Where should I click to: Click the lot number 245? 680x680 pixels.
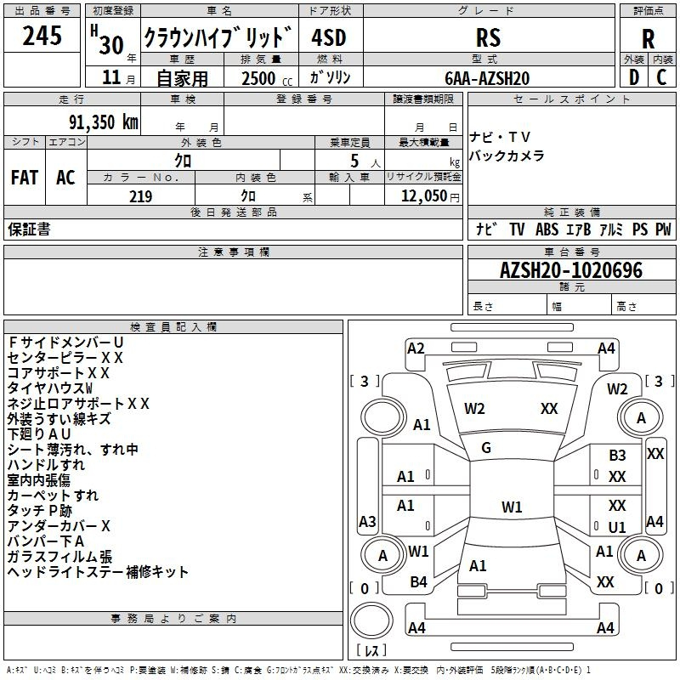point(42,36)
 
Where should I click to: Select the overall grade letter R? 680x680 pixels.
point(648,39)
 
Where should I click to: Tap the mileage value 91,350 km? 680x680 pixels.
point(103,122)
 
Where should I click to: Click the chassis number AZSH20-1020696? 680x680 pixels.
point(571,270)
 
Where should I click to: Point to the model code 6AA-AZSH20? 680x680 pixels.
point(487,78)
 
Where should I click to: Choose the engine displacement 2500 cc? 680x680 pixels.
point(267,78)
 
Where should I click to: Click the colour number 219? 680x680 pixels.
point(140,196)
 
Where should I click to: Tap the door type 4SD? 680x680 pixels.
point(329,37)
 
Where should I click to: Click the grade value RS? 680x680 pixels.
point(488,37)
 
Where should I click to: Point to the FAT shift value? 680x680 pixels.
point(25,178)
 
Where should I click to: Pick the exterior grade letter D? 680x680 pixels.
point(634,77)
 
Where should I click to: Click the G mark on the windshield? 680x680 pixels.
point(486,448)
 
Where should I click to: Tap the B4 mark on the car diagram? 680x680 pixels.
point(418,582)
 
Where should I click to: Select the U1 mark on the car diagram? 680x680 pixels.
point(617,527)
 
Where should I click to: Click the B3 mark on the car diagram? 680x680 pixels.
point(617,456)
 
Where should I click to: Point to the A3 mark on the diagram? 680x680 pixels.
point(367,521)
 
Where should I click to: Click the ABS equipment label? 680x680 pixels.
point(547,229)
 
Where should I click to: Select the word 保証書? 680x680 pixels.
point(29,229)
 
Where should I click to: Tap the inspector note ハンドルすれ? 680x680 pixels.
point(46,465)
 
